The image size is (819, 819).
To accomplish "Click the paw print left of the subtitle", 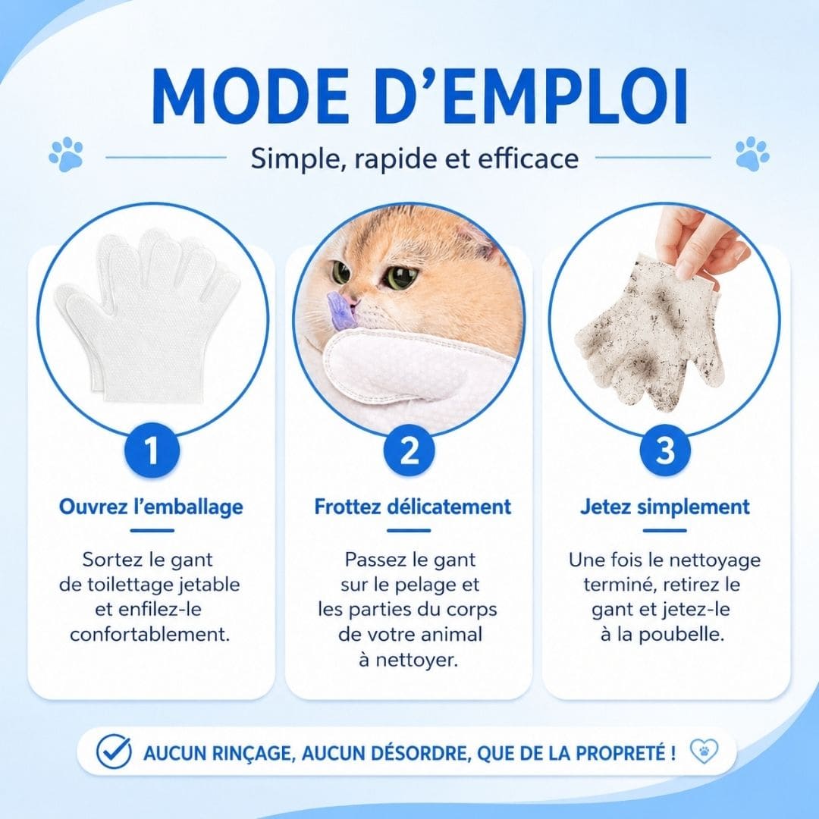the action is click(66, 155).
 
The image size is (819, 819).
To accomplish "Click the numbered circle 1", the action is click(152, 450).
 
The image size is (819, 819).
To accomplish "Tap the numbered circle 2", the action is click(409, 450).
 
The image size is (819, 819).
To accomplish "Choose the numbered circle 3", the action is click(666, 450).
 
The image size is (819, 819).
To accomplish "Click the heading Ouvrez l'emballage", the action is click(151, 507).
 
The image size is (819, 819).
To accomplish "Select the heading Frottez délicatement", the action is click(413, 507).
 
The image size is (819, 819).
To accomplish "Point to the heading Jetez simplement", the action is click(665, 507).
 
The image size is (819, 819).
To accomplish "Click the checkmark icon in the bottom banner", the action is click(114, 752).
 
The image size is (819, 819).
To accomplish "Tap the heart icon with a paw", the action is click(704, 752).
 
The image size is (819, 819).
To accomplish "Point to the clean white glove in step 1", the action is click(148, 315).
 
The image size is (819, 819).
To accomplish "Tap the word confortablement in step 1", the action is click(150, 635).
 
